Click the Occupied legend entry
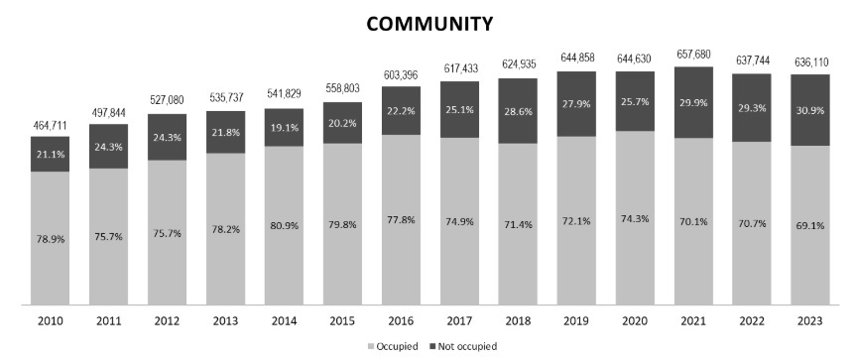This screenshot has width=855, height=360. click(x=395, y=346)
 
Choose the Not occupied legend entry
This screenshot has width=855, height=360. click(x=464, y=346)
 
